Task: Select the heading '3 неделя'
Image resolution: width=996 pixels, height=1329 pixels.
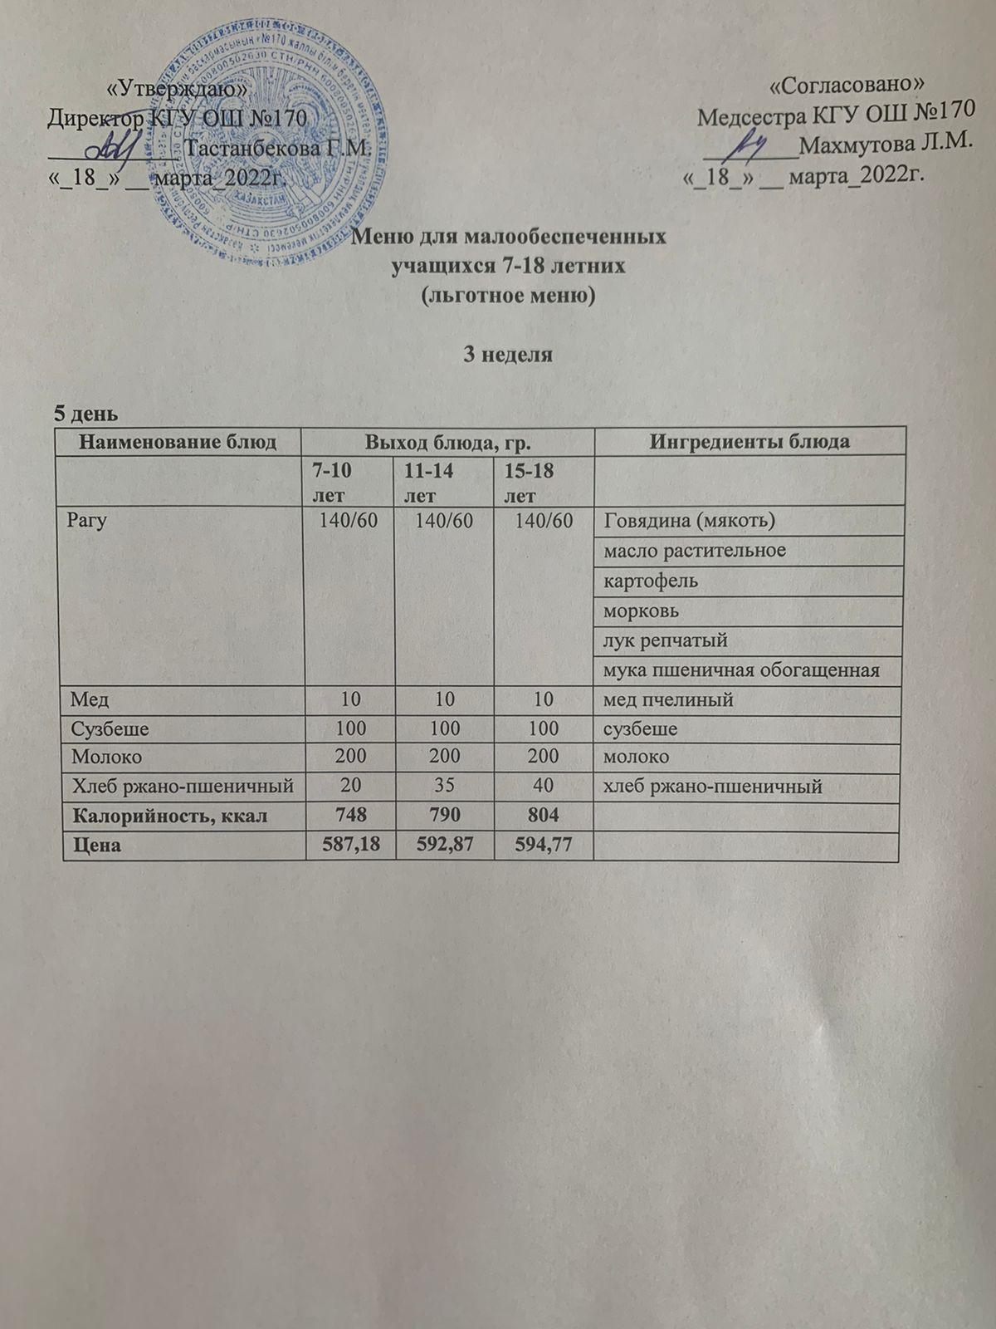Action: [x=506, y=356]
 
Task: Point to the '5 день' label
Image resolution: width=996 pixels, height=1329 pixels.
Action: [x=85, y=413]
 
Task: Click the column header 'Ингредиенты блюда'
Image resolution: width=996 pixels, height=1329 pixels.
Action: [x=749, y=441]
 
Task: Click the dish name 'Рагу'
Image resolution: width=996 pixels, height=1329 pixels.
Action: [x=90, y=522]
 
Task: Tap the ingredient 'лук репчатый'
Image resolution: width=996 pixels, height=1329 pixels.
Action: [x=666, y=640]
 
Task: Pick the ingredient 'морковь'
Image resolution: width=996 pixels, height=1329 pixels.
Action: [x=641, y=611]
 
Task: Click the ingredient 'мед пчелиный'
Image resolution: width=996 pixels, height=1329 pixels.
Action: [x=668, y=699]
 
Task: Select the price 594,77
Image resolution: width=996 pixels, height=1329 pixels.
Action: [x=543, y=846]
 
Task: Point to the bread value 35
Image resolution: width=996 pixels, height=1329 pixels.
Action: [x=446, y=786]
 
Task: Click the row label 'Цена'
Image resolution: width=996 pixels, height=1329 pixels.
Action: [x=96, y=846]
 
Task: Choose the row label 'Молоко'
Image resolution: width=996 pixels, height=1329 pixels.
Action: [x=106, y=757]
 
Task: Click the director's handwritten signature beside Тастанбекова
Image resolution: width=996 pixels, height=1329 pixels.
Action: [x=112, y=148]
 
